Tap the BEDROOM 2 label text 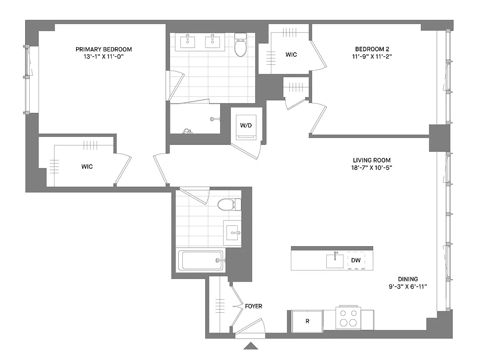[371, 49]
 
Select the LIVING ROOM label [371, 160]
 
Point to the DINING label [407, 279]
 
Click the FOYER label [254, 306]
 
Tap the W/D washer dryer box [246, 126]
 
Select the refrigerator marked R [307, 321]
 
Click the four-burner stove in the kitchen [348, 318]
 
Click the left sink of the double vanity [188, 42]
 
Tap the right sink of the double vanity [212, 42]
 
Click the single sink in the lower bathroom [233, 233]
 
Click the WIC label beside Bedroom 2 [291, 54]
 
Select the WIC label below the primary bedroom [87, 166]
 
